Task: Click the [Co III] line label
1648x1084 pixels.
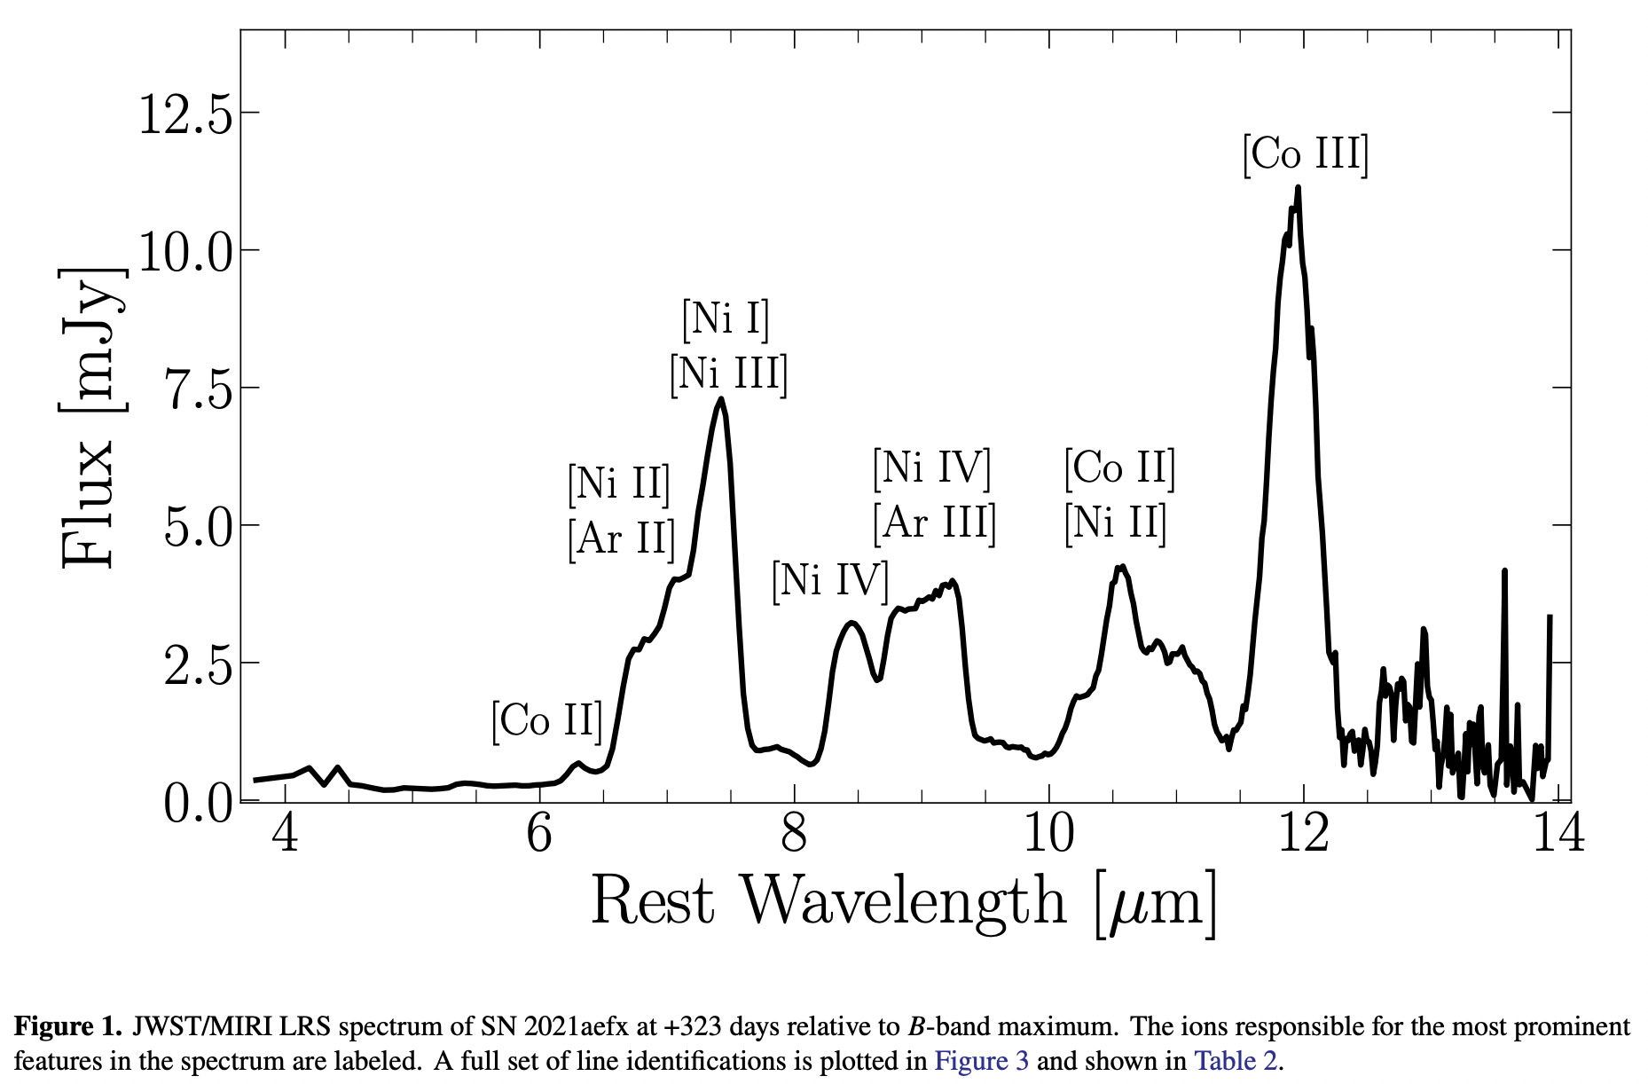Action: pyautogui.click(x=1306, y=154)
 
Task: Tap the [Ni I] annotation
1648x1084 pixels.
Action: pyautogui.click(x=726, y=318)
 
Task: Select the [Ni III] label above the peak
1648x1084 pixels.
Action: pyautogui.click(x=729, y=373)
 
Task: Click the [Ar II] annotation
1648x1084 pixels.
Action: pyautogui.click(x=621, y=538)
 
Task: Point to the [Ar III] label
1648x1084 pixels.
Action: pyautogui.click(x=934, y=522)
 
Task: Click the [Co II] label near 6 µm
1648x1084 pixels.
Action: pyautogui.click(x=547, y=720)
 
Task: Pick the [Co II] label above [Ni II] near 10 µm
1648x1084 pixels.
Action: pyautogui.click(x=1119, y=467)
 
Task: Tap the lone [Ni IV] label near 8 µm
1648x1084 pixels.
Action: pyautogui.click(x=829, y=580)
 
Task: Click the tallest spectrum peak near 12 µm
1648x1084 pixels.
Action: pyautogui.click(x=1298, y=188)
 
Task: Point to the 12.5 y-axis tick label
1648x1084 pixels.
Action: pyautogui.click(x=185, y=114)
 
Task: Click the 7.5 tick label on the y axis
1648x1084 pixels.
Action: pyautogui.click(x=199, y=389)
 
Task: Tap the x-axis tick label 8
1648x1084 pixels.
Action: pyautogui.click(x=794, y=834)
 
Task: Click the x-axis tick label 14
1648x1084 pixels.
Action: pyautogui.click(x=1558, y=834)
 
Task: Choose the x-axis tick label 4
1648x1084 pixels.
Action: pyautogui.click(x=286, y=834)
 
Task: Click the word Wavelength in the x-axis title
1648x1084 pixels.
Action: pyautogui.click(x=903, y=901)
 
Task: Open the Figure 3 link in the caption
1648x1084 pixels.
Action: pyautogui.click(x=981, y=1061)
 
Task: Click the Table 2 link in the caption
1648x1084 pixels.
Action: pyautogui.click(x=1235, y=1061)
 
